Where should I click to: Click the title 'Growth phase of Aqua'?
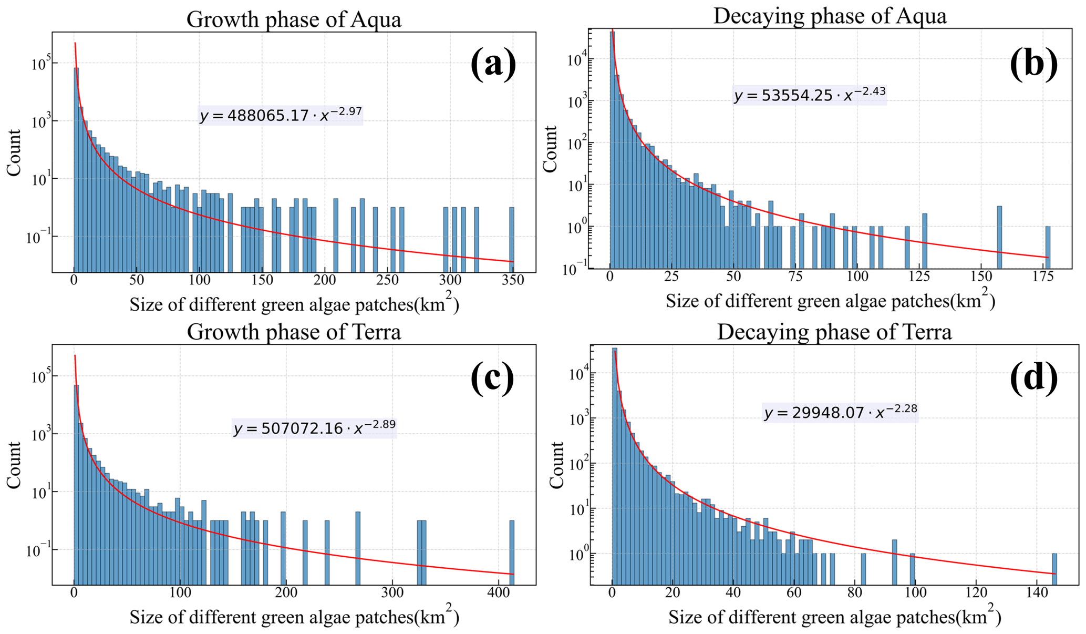[294, 20]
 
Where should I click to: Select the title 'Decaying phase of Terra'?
[834, 332]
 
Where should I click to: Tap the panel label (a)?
[493, 64]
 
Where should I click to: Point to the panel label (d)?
[1033, 377]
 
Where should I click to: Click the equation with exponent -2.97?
[281, 115]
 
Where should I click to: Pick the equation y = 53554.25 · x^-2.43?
[810, 95]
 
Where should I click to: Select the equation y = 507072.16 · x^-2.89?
[314, 428]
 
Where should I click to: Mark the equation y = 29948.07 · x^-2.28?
[841, 412]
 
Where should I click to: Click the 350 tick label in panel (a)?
[513, 280]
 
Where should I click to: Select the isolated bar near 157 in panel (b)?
[999, 237]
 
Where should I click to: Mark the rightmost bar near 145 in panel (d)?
[1054, 569]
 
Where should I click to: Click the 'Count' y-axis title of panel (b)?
[550, 149]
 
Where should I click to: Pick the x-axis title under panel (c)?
[294, 616]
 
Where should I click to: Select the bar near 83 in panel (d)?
[863, 569]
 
